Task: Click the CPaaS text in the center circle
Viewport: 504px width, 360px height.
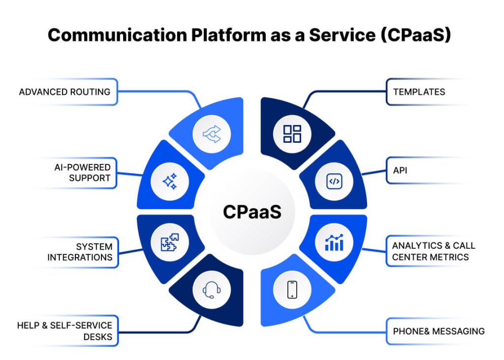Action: [252, 212]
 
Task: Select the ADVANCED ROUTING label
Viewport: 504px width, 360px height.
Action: [64, 92]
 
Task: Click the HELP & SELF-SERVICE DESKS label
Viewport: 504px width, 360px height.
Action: [64, 331]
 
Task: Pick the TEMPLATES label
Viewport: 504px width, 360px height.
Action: [419, 92]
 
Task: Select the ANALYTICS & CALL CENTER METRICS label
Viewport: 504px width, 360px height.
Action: [433, 251]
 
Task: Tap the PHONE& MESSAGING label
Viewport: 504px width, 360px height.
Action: [438, 331]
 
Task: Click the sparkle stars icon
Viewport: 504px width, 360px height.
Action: [169, 182]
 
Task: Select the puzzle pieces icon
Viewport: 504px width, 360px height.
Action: [170, 242]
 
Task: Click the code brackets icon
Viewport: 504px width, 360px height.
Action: [334, 181]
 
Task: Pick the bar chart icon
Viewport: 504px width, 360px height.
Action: [334, 242]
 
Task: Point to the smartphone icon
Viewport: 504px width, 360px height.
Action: [292, 290]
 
